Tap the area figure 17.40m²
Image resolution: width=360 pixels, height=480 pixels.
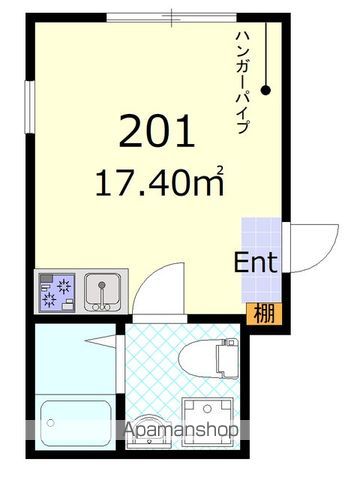tap(159, 182)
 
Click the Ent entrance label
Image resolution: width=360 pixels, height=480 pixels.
tap(256, 264)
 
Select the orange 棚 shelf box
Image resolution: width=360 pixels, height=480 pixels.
tap(259, 312)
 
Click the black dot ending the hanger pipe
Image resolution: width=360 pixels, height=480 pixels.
tap(267, 91)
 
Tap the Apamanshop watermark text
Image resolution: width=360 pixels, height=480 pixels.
tap(180, 431)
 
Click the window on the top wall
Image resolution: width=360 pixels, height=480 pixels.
tap(172, 16)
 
